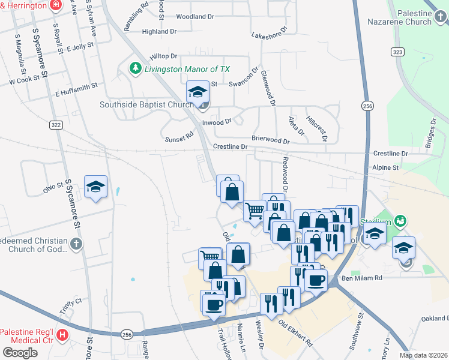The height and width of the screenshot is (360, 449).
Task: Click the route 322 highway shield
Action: coord(56,125)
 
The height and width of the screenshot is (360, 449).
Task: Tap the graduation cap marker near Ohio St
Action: coord(96,187)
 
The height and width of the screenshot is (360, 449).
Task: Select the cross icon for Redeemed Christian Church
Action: coord(75,244)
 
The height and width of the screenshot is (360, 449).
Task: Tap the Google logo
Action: coord(20,353)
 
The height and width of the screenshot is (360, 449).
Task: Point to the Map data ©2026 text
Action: coord(423,355)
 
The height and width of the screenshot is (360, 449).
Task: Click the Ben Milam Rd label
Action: coord(361,278)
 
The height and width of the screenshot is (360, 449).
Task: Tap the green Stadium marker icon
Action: coord(400,221)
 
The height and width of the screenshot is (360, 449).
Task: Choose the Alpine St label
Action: coord(385,168)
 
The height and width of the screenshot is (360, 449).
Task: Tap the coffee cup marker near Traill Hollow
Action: coord(213,304)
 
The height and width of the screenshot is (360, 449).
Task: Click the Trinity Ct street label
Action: coord(70,308)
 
